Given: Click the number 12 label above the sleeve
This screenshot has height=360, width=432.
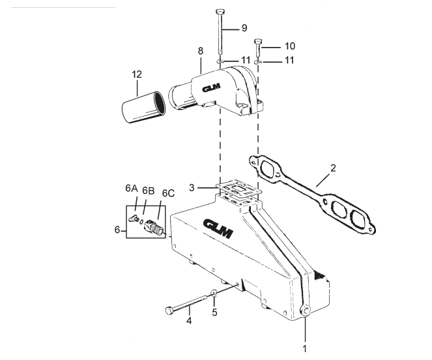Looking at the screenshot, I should [x=136, y=75].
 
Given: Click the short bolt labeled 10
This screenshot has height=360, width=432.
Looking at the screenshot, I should [x=259, y=46].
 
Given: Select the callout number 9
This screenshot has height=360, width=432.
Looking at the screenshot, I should [x=244, y=29].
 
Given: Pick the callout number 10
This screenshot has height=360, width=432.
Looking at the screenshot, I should [x=290, y=46].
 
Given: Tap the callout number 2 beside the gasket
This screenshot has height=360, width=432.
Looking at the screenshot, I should [x=333, y=168].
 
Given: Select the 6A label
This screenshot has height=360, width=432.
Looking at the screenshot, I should [x=131, y=188].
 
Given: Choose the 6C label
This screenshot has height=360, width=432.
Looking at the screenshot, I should [x=168, y=193].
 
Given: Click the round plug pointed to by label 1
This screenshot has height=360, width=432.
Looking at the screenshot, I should [x=304, y=313].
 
